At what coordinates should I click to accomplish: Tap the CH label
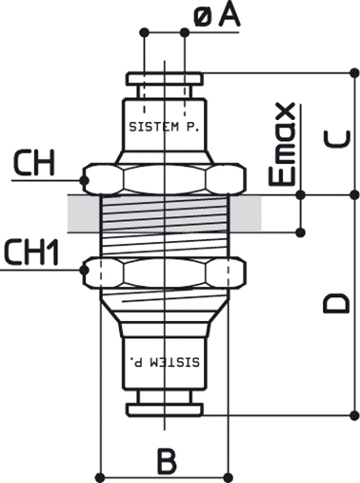[34, 163]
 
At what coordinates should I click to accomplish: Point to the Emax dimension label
[282, 144]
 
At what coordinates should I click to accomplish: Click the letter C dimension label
[336, 139]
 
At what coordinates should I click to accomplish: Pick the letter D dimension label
[336, 304]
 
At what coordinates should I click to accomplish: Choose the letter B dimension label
[167, 461]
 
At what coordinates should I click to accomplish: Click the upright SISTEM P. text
[164, 127]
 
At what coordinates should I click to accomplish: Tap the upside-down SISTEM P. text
[165, 362]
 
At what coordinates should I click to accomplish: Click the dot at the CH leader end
[84, 180]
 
